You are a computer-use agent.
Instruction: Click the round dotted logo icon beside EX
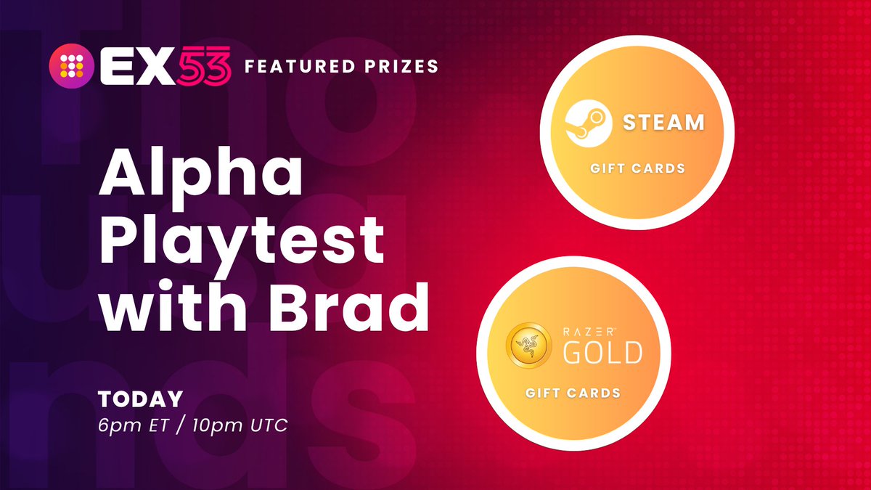pyautogui.click(x=69, y=67)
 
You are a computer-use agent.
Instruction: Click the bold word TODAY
pyautogui.click(x=141, y=399)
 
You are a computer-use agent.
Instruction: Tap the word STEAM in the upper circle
pyautogui.click(x=664, y=121)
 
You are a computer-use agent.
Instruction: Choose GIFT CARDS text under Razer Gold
pyautogui.click(x=573, y=393)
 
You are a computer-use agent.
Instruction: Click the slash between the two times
pyautogui.click(x=181, y=424)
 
